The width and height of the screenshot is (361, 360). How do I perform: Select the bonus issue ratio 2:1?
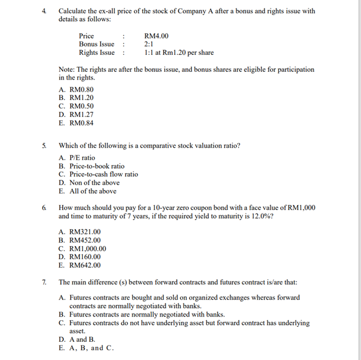[x=149, y=44]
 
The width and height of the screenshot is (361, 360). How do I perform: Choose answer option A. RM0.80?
[x=76, y=88]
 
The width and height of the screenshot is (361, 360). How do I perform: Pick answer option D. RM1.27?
[x=76, y=114]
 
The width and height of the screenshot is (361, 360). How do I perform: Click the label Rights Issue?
[x=97, y=52]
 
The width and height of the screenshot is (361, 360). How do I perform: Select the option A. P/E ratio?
[x=77, y=157]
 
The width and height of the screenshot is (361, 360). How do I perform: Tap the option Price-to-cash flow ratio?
[x=98, y=174]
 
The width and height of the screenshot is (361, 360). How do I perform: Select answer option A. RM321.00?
[x=80, y=231]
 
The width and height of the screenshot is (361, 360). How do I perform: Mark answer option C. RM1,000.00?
[x=83, y=248]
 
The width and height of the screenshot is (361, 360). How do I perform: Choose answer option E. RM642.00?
[x=80, y=265]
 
